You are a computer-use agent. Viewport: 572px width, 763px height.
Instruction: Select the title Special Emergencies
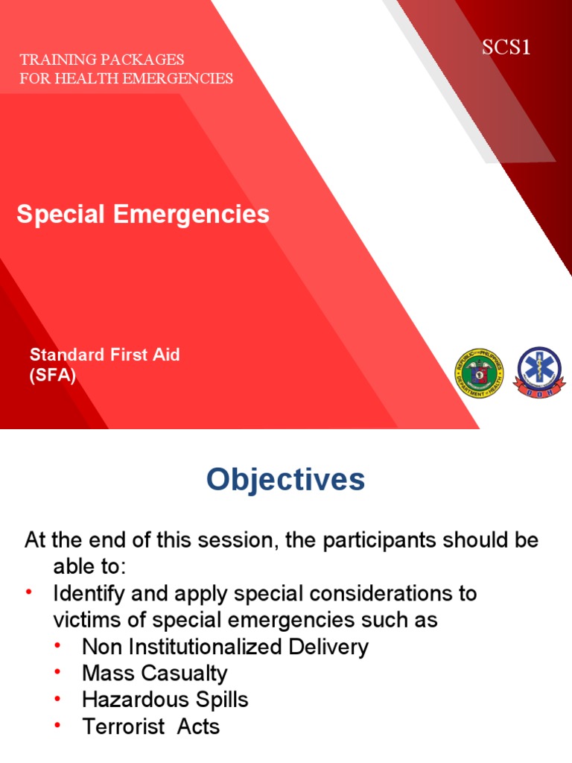coord(143,215)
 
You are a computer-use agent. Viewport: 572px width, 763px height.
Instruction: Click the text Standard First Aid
coord(104,355)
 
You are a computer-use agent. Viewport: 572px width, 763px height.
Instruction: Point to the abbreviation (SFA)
coord(52,376)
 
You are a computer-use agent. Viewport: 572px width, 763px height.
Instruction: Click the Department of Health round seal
coord(478,373)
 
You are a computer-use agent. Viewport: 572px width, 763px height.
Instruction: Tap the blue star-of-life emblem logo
coord(540,373)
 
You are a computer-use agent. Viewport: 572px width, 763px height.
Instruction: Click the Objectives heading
coord(286,480)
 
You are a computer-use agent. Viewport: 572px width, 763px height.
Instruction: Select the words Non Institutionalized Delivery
coord(225,646)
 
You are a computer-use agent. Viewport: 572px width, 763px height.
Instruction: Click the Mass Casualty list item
coord(155,673)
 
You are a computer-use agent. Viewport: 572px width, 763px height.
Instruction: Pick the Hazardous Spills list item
coord(165,700)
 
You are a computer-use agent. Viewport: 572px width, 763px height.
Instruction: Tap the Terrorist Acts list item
coord(151,726)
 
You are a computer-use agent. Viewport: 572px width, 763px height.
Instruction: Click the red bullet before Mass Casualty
coord(57,672)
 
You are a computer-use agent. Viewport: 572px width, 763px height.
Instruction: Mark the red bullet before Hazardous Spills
coord(57,699)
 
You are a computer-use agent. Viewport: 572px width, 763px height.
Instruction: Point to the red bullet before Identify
coord(29,592)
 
